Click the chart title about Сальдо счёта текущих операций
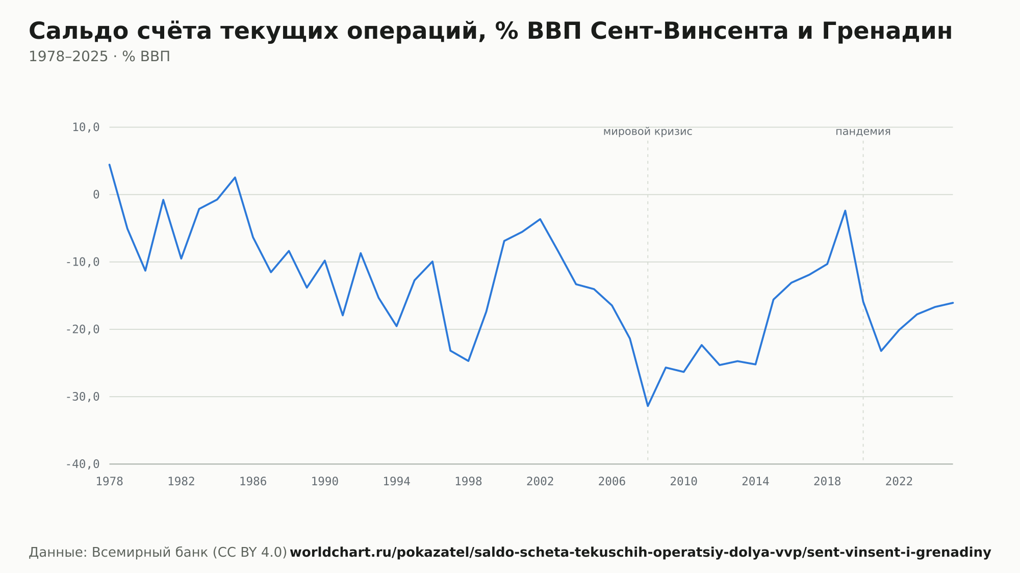[490, 32]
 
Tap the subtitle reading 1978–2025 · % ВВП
[99, 57]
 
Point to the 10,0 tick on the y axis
[86, 127]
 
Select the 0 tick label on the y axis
[96, 195]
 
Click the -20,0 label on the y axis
[83, 329]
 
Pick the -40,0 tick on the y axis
[83, 464]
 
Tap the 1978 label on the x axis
[110, 482]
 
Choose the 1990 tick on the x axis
[325, 482]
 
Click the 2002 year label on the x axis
[540, 482]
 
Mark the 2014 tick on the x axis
[755, 482]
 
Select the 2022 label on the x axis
[899, 482]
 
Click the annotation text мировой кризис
[648, 132]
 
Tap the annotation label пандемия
[863, 132]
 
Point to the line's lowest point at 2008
[648, 406]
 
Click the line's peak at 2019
[845, 211]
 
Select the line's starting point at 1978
[110, 165]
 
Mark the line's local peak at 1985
[235, 177]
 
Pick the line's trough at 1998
[468, 361]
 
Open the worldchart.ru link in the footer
[641, 553]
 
